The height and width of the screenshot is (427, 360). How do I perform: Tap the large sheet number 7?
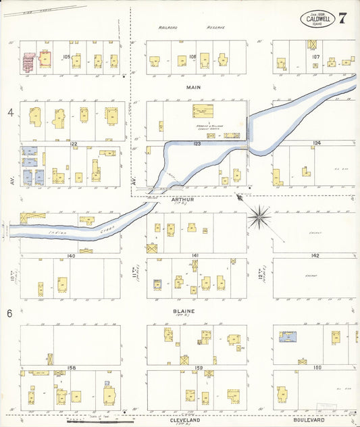click(342, 18)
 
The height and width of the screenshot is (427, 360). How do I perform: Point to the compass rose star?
click(261, 217)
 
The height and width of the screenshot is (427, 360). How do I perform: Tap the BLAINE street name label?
click(184, 311)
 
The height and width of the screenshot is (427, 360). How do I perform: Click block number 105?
click(66, 57)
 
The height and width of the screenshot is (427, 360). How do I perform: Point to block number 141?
click(195, 255)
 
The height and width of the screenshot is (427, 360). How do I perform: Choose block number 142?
click(315, 255)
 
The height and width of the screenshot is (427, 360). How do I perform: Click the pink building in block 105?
click(29, 62)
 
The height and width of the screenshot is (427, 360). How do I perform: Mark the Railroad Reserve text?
click(191, 28)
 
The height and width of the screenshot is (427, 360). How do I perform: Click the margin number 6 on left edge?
click(10, 313)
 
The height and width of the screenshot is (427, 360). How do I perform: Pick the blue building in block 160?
click(290, 336)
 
